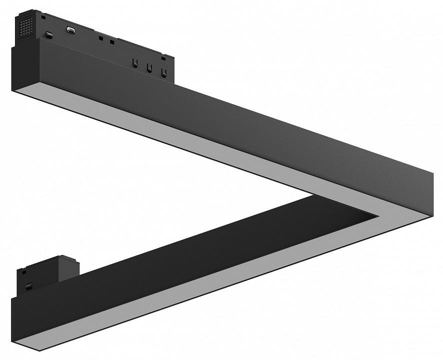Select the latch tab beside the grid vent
click(49, 34)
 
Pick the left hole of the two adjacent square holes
click(101, 38)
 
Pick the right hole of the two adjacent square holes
click(112, 41)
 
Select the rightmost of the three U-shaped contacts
click(163, 73)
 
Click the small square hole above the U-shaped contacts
click(163, 58)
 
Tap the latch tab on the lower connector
click(29, 285)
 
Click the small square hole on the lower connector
click(22, 272)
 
